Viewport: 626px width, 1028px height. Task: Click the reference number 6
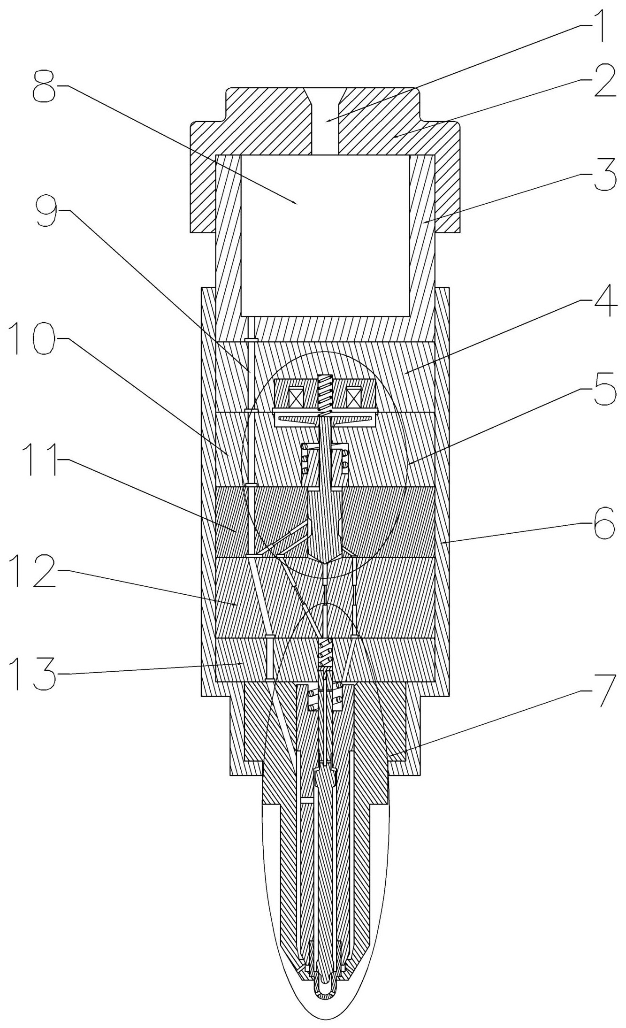coord(604,524)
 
